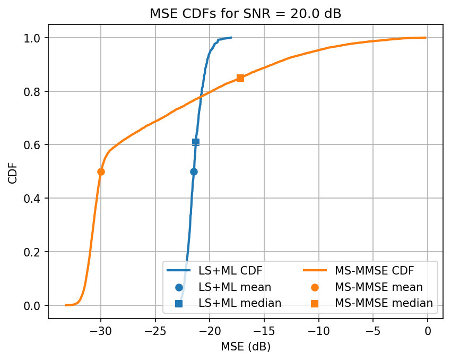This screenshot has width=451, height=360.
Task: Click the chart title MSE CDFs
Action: tap(246, 14)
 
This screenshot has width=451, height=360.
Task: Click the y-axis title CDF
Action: tap(13, 172)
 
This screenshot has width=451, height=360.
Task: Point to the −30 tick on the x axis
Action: tap(101, 330)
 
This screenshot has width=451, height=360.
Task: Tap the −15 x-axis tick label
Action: tap(264, 330)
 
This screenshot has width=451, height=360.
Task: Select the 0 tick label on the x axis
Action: tap(427, 330)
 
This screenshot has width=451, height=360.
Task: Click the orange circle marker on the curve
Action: tap(101, 172)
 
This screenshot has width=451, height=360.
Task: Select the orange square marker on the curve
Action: tap(240, 78)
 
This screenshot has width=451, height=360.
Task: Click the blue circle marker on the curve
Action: tap(194, 172)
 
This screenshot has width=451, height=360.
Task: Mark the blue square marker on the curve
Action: tap(196, 142)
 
